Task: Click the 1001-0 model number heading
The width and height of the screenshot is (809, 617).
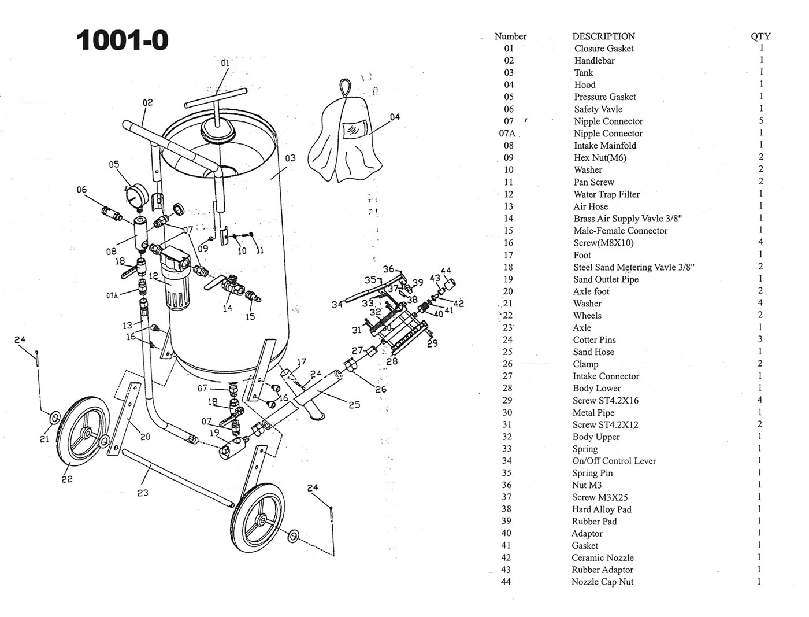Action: [123, 40]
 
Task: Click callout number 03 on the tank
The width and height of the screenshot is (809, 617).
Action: [290, 158]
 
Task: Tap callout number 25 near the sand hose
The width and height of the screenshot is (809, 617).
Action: [354, 405]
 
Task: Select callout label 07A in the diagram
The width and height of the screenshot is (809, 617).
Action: [112, 295]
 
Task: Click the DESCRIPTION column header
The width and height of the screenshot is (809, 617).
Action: [603, 36]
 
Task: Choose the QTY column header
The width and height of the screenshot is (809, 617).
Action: [760, 36]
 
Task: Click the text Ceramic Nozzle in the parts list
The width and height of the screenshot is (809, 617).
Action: [602, 558]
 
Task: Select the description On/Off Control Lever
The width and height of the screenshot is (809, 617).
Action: [614, 461]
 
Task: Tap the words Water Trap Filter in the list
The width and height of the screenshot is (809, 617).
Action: [606, 194]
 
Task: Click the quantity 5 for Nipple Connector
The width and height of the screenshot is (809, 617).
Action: [761, 121]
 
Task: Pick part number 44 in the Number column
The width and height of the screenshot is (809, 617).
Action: [506, 582]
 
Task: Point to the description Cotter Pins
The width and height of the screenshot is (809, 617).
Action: [594, 340]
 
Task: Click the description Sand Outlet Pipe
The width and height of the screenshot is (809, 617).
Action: [606, 279]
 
